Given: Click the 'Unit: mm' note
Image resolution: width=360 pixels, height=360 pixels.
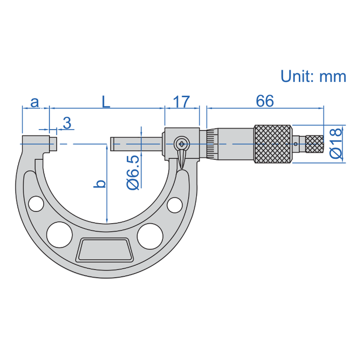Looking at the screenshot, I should click(x=313, y=76).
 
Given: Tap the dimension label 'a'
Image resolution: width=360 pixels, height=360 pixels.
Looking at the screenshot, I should click(x=34, y=102).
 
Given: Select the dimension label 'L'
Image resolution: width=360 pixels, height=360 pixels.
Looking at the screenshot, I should click(x=105, y=102).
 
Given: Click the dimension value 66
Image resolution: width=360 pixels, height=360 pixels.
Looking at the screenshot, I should click(x=264, y=101).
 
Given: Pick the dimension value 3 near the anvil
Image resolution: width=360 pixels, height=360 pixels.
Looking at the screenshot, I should click(x=67, y=123).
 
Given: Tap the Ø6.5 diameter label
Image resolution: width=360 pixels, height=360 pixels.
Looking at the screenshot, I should click(x=132, y=172).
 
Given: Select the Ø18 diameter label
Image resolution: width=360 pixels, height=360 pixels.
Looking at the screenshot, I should click(x=335, y=143).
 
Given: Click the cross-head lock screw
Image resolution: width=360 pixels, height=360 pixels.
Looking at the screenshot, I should click(x=182, y=143).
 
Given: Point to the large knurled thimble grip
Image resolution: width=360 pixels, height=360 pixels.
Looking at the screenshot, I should click(x=273, y=144).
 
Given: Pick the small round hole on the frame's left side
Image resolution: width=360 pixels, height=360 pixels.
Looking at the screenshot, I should click(x=35, y=204).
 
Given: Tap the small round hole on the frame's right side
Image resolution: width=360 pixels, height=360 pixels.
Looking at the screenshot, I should click(x=175, y=205).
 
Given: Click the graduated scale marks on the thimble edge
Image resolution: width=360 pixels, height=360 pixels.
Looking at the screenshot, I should click(x=211, y=144).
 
